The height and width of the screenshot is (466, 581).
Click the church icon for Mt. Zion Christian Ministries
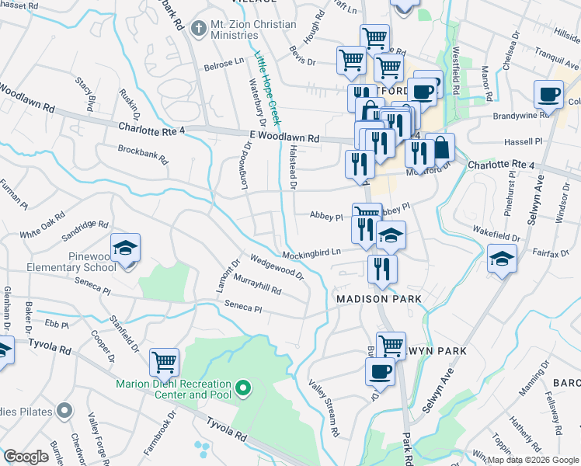tap(198, 29)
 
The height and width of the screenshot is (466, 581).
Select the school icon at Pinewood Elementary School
tap(125, 249)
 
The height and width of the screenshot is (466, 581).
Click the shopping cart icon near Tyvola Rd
tap(164, 361)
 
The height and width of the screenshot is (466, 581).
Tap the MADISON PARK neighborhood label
tap(378, 299)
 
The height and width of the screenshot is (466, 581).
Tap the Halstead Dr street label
tap(293, 166)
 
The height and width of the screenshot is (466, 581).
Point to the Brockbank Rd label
tap(142, 154)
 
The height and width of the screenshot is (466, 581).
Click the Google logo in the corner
tap(26, 457)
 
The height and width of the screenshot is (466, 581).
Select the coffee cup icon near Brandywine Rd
tap(548, 95)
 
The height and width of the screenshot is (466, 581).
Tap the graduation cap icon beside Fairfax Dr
tap(502, 259)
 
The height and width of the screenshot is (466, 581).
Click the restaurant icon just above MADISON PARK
tap(381, 269)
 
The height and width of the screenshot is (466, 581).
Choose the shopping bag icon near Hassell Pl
tap(440, 147)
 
